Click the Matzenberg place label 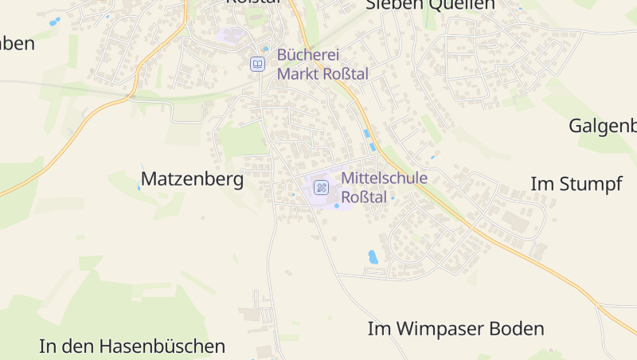point(192,179)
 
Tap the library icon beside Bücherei point(257,64)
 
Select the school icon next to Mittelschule point(321,187)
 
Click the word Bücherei point(308,55)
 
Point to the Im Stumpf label point(576,184)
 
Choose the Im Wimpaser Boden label point(455,328)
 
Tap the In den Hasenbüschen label point(132,346)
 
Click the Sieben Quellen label point(430,5)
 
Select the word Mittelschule point(384,178)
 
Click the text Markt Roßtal point(322,73)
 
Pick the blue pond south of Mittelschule point(373,256)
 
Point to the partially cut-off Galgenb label point(603,126)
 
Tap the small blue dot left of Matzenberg point(139,188)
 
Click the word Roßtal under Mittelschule point(364,197)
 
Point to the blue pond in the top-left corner point(54,22)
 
